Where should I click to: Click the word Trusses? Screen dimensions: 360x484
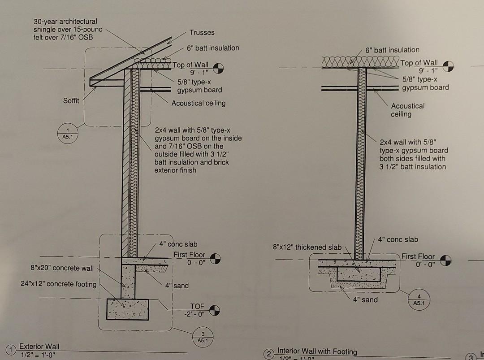tap(202, 32)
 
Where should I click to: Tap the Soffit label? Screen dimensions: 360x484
tap(71, 100)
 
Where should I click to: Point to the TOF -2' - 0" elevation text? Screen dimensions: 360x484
tap(197, 310)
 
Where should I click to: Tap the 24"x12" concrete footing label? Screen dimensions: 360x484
tap(58, 284)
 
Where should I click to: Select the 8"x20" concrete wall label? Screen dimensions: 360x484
tap(62, 268)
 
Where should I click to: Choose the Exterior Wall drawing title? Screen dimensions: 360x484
tap(39, 346)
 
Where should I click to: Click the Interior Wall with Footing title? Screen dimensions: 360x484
tap(317, 351)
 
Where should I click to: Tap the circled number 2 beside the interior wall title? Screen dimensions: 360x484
tap(269, 354)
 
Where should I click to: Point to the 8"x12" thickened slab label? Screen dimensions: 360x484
tap(307, 247)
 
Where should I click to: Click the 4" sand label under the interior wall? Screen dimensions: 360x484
tap(365, 299)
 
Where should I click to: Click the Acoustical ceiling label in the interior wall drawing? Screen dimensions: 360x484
tap(407, 110)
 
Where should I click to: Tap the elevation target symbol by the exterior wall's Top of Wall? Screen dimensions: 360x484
tap(218, 68)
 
